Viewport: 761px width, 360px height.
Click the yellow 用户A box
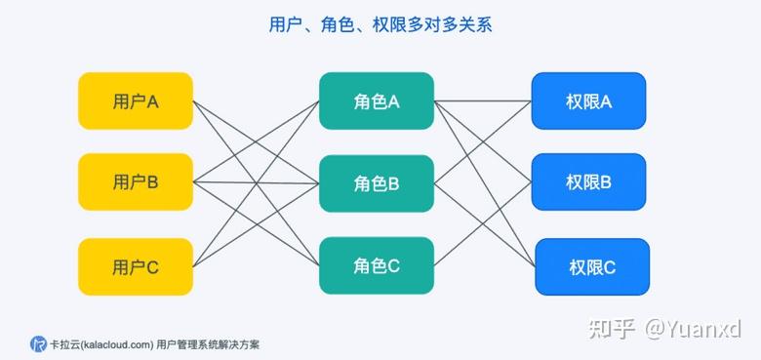coord(136,100)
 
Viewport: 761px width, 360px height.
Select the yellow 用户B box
coord(136,181)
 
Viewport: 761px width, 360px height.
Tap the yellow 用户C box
coord(136,265)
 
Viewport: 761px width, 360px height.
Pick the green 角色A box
coord(376,100)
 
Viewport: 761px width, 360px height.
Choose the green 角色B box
coord(376,182)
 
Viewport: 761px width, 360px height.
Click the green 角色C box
coord(376,265)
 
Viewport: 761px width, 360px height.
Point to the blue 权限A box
coord(588,100)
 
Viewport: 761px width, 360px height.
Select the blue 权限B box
coord(588,181)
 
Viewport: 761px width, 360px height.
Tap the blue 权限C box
coord(591,266)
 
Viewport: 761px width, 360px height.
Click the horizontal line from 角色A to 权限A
coord(482,100)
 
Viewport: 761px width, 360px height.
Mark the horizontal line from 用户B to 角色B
coord(256,182)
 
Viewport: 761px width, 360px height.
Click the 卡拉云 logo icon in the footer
coord(38,343)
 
